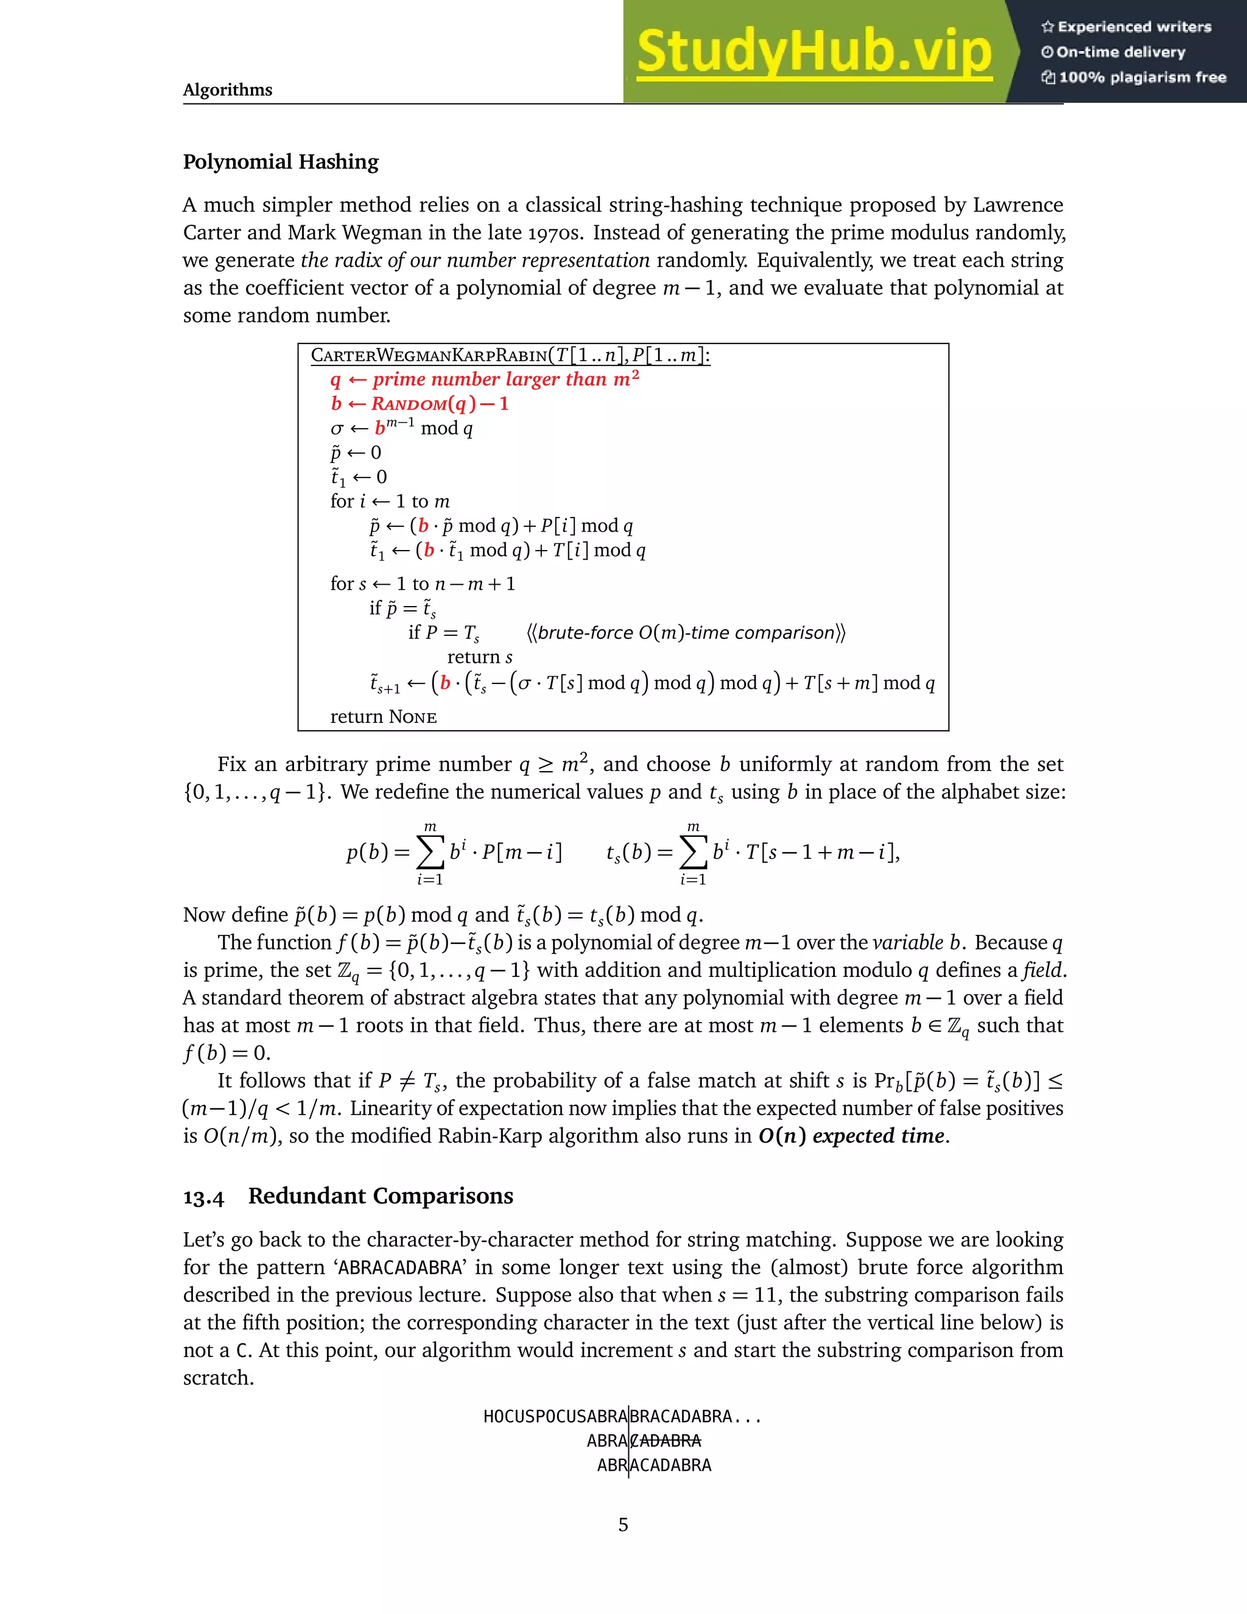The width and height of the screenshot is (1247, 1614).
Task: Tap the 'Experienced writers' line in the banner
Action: tap(1126, 27)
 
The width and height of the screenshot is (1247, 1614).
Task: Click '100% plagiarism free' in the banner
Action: tap(1134, 77)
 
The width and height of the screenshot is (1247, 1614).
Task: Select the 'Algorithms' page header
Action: tap(228, 90)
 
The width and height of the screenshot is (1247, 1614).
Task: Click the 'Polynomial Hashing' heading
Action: tap(281, 162)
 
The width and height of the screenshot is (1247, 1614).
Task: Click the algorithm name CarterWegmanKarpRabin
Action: tap(429, 356)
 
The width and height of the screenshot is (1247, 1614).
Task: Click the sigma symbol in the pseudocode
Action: tap(337, 429)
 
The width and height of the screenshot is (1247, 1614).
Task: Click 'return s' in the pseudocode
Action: tap(479, 658)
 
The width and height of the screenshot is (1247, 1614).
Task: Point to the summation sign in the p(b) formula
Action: tap(430, 853)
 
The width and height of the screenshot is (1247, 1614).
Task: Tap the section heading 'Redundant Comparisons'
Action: tap(381, 1196)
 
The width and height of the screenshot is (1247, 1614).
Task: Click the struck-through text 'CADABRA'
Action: tap(666, 1440)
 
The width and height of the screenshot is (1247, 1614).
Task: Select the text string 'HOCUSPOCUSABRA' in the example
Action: tap(555, 1417)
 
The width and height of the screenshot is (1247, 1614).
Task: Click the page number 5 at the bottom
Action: tap(623, 1524)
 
